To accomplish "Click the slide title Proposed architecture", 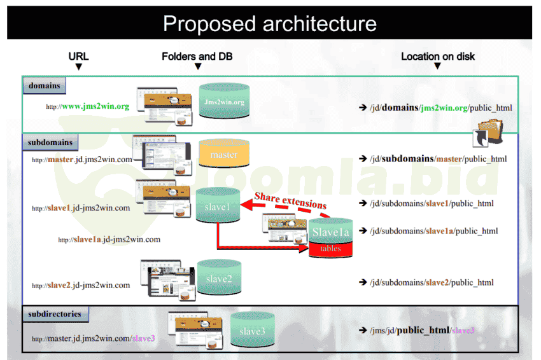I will coord(270,24).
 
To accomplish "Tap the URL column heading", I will coord(78,57).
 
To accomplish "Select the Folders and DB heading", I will coord(197,57).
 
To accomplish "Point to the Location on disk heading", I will coord(437,57).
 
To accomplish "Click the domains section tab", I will coord(45,86).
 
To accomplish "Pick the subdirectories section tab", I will coord(55,314).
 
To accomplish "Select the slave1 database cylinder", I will coord(218,205).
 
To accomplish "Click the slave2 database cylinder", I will coord(219,279).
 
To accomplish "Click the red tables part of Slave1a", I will coord(331,249).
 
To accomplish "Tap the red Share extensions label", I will coord(290,201).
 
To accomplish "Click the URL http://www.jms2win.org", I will coord(88,106).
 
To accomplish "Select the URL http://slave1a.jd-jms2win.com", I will coord(109,240).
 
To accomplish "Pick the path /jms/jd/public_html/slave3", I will coord(421,330).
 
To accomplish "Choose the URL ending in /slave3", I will coord(94,338).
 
